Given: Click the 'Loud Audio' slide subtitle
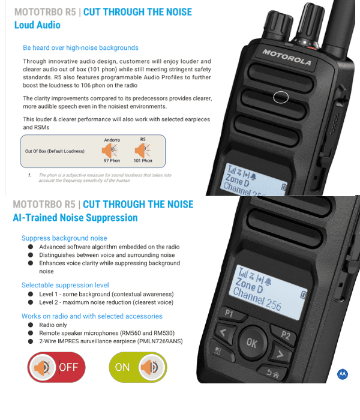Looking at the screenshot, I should coord(37,25).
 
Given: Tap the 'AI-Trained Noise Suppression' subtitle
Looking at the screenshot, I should coord(75,218).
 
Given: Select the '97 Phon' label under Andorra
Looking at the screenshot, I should coord(112,161).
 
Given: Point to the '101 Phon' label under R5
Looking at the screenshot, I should coord(143,161).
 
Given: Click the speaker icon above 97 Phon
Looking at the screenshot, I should coord(112,149).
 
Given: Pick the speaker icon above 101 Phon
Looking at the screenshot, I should coord(143,149).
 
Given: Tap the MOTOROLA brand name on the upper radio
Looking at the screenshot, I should coord(286,58).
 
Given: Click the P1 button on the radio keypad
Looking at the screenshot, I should coord(229,313).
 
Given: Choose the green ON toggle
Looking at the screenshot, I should coord(138,367).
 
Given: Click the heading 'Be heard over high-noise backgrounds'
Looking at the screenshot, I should coord(80,48).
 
